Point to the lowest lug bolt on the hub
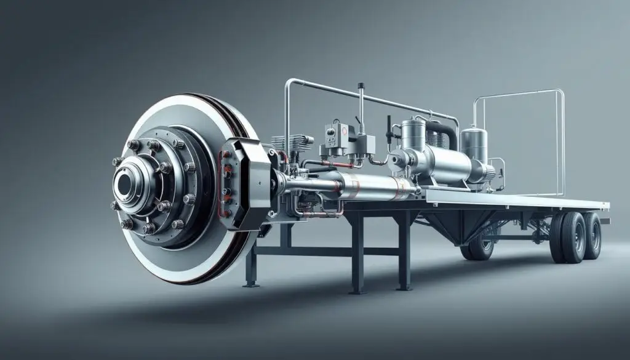click(150, 228)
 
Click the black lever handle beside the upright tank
click(389, 126)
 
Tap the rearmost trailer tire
click(592, 235)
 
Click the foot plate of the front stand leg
click(250, 284)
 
